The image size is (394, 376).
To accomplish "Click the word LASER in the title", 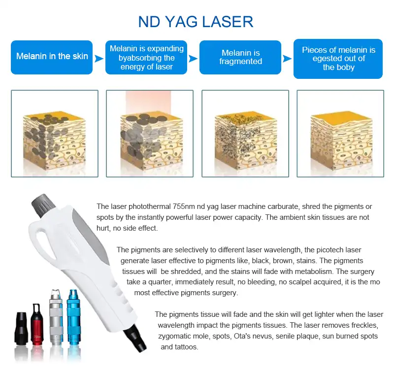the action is pyautogui.click(x=228, y=22).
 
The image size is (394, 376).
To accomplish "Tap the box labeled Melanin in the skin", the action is pyautogui.click(x=52, y=57).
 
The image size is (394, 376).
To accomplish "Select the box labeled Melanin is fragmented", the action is pyautogui.click(x=240, y=57).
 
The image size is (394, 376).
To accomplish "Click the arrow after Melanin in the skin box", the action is pyautogui.click(x=99, y=59).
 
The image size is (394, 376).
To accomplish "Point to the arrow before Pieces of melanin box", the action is pyautogui.click(x=287, y=59).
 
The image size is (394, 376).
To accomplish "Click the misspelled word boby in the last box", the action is pyautogui.click(x=346, y=68).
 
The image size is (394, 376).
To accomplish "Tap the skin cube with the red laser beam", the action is pyautogui.click(x=150, y=134).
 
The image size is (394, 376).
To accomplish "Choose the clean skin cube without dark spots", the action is pyautogui.click(x=340, y=134).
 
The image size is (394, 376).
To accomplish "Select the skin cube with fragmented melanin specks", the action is pyautogui.click(x=245, y=134).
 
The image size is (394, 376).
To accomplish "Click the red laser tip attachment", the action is pyautogui.click(x=37, y=324).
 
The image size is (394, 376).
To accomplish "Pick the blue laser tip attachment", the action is pyautogui.click(x=73, y=318).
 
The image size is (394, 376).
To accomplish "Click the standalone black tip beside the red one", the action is pyautogui.click(x=21, y=328).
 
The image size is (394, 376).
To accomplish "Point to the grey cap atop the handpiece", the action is pyautogui.click(x=43, y=205).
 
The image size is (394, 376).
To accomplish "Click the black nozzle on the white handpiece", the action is pyautogui.click(x=134, y=338).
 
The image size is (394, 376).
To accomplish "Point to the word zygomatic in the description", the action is pyautogui.click(x=174, y=336).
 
